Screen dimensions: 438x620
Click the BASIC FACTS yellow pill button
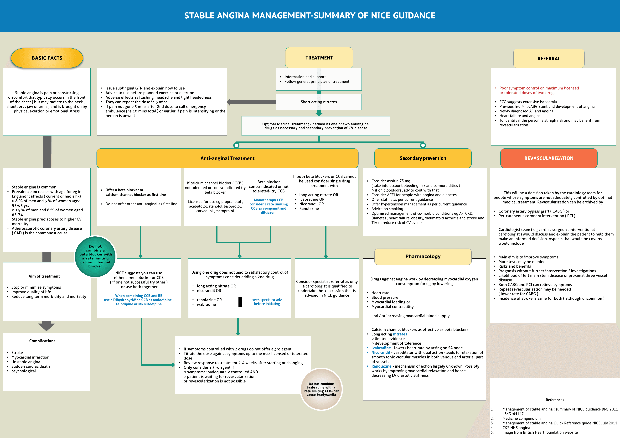[x=47, y=58]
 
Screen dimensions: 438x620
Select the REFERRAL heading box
[x=549, y=59]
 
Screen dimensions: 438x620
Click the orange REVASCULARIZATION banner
[x=549, y=158]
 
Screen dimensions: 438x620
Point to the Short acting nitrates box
[x=319, y=102]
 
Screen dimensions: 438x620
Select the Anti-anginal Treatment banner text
[x=227, y=158]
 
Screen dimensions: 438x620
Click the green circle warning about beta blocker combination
[x=95, y=256]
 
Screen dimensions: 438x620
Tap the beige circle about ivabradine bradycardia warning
[x=321, y=389]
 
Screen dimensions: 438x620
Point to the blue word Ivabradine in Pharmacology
[x=381, y=348]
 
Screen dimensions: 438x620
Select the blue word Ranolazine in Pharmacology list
[x=381, y=366]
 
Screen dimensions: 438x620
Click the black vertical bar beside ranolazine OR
[x=240, y=302]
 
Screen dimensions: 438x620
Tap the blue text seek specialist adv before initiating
[x=267, y=302]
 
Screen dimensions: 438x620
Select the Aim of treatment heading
[x=44, y=276]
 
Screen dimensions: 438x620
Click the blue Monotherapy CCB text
[x=268, y=206]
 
